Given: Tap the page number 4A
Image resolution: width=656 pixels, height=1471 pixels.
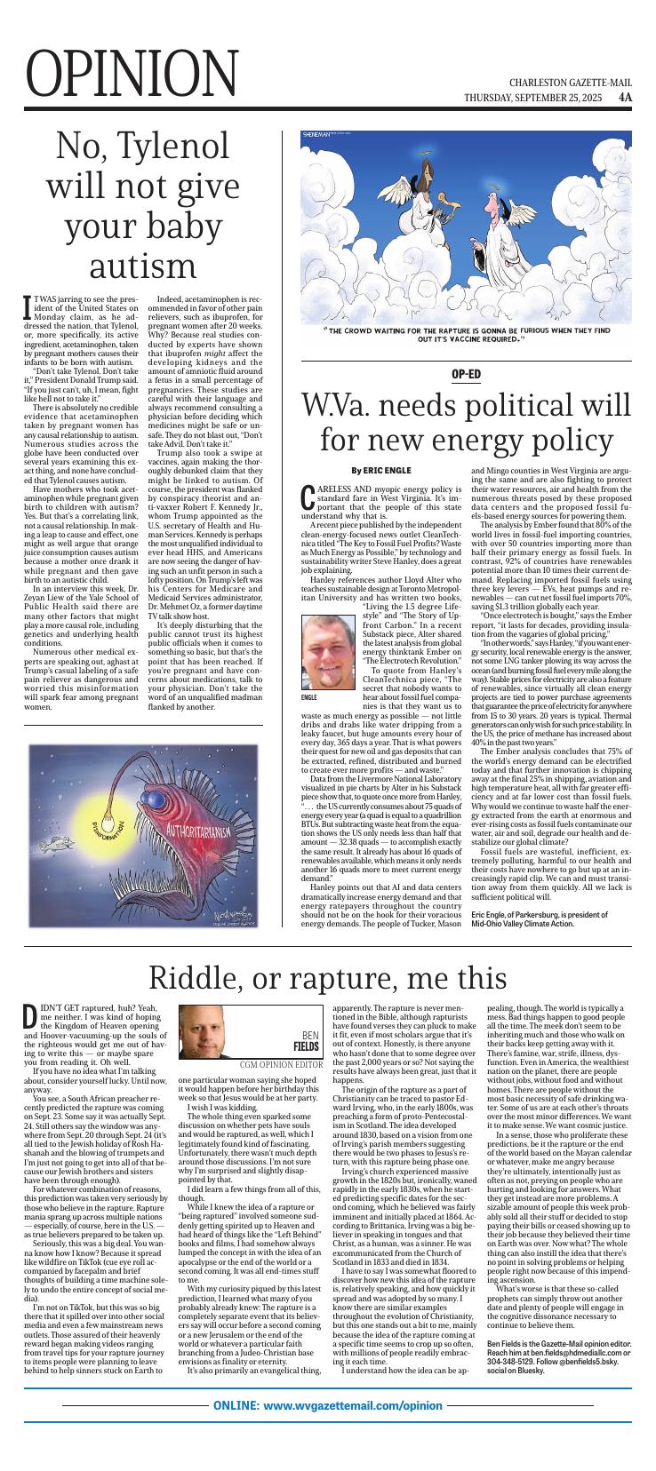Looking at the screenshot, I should click(626, 97).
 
